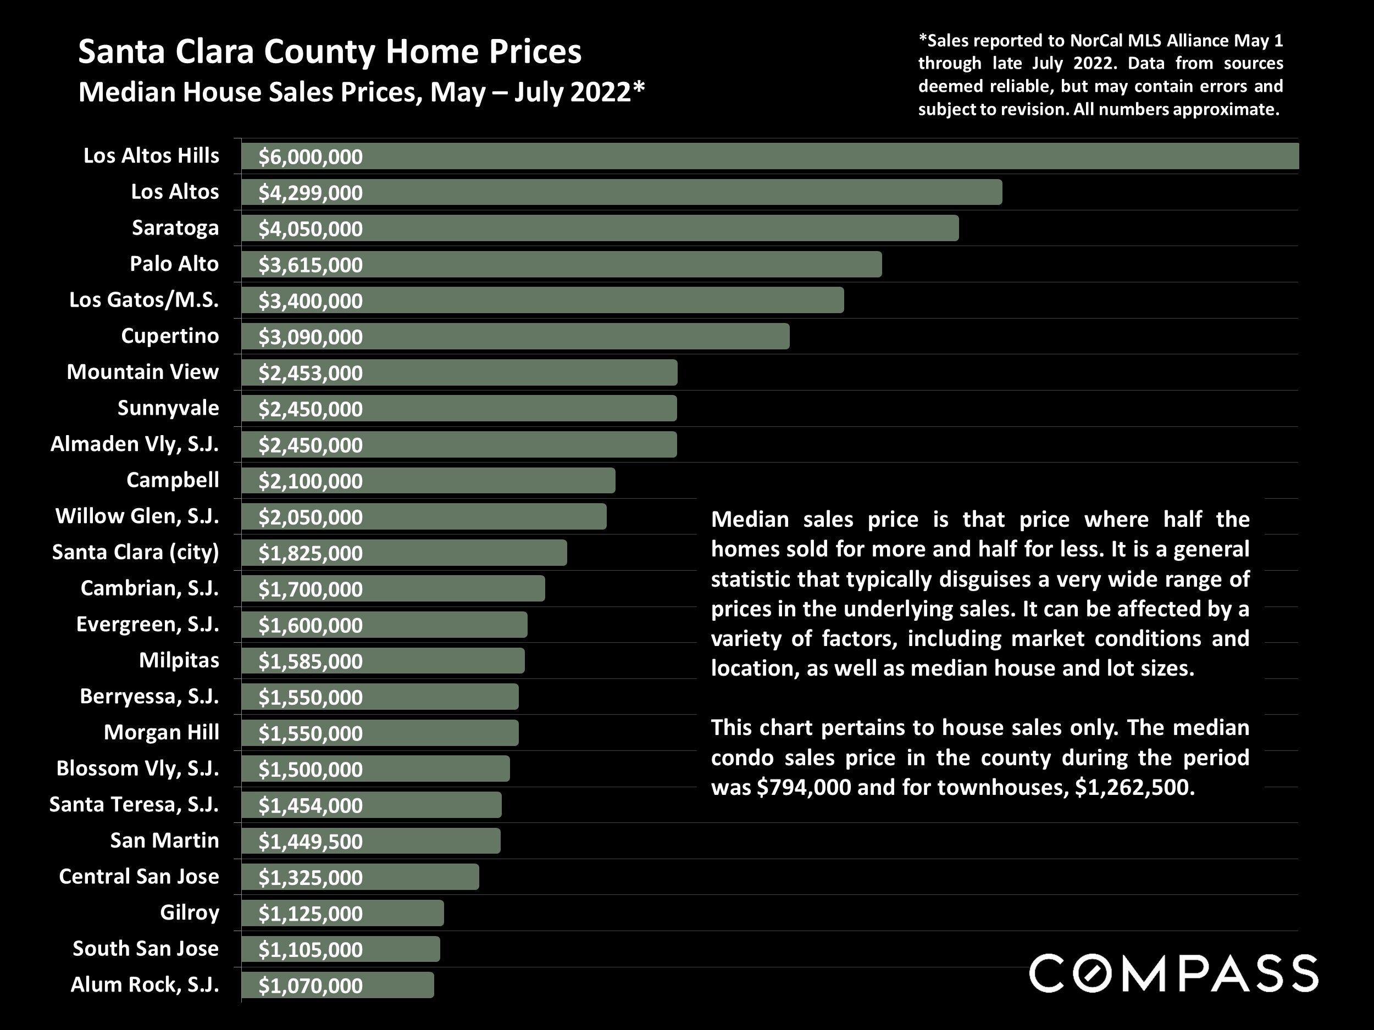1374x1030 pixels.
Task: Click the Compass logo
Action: (1173, 973)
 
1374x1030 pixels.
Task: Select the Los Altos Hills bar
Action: (770, 156)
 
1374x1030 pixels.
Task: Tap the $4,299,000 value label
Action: (311, 193)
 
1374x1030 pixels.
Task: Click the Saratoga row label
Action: (175, 228)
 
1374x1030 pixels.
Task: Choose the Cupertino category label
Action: (170, 336)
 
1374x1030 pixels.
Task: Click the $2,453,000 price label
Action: (311, 373)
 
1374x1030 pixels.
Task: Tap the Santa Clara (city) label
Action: (135, 552)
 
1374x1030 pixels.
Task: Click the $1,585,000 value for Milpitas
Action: (311, 661)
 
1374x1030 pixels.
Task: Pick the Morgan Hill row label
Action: (162, 733)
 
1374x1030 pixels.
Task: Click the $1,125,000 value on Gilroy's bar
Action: (311, 914)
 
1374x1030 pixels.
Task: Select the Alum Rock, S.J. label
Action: (145, 984)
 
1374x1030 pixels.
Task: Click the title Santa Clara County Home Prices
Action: (330, 52)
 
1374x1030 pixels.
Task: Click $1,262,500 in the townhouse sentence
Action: (1134, 787)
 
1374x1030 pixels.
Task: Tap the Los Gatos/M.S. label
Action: (144, 300)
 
